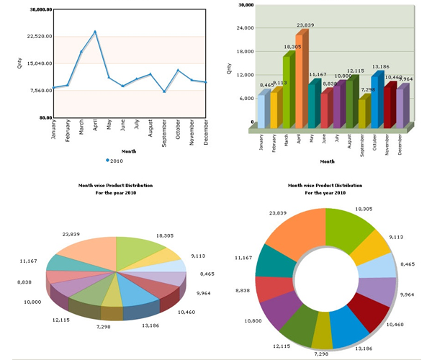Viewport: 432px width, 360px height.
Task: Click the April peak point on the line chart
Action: (x=95, y=32)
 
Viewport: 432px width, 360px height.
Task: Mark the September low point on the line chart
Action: (x=165, y=91)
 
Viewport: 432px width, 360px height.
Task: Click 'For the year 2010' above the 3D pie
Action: (x=115, y=193)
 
